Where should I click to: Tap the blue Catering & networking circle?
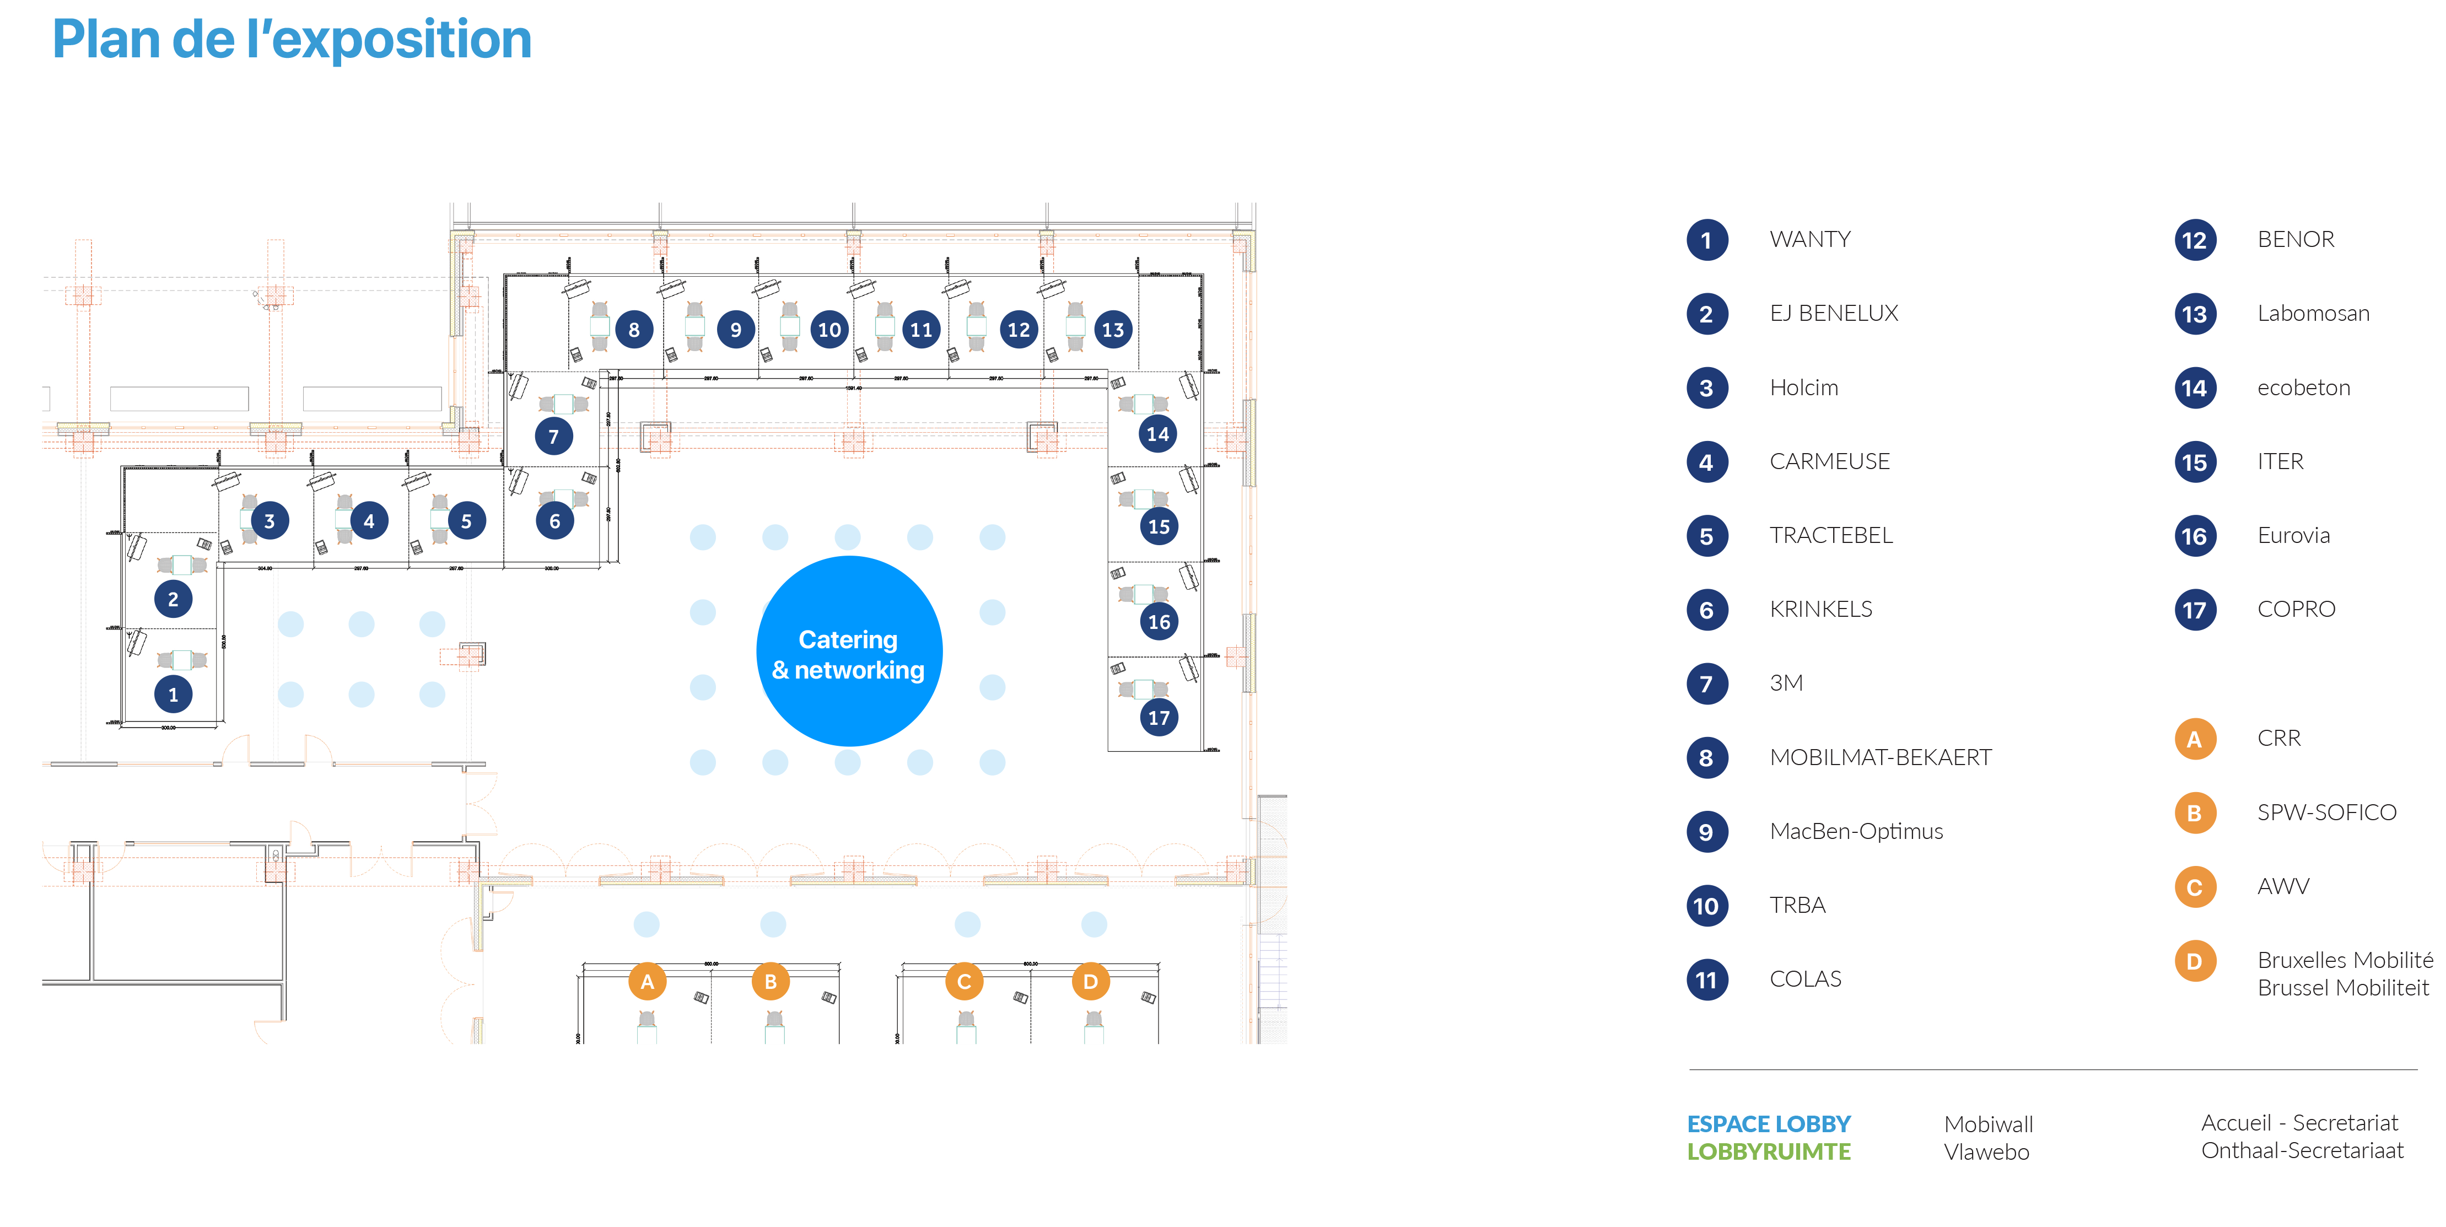click(849, 652)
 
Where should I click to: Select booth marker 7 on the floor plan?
click(553, 437)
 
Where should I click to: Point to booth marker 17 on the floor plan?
click(1159, 718)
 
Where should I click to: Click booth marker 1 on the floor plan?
click(173, 694)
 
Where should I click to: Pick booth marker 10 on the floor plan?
click(829, 330)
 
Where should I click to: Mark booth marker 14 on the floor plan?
click(1157, 434)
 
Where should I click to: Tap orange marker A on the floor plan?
click(646, 982)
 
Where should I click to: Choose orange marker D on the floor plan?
click(1090, 982)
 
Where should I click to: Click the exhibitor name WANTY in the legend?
click(1810, 239)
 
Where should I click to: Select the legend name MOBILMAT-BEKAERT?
click(1880, 758)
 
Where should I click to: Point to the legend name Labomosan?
click(2313, 314)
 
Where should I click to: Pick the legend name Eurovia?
click(2293, 536)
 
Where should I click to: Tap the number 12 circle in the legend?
click(2194, 240)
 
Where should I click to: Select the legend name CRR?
click(2279, 738)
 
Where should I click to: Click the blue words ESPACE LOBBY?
click(1768, 1124)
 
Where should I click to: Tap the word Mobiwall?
click(1989, 1124)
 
